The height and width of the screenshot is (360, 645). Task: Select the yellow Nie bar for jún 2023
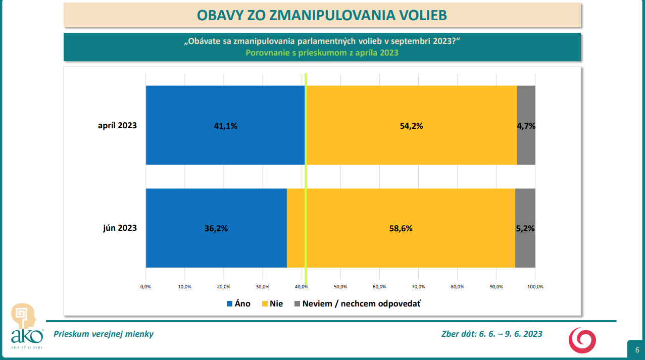[x=401, y=247]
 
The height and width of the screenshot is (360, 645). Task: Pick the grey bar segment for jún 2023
[x=525, y=247]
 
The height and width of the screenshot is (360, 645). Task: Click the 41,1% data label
[x=225, y=126]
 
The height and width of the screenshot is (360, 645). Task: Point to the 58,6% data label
[x=401, y=228]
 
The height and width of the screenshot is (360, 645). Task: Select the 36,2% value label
[x=216, y=228]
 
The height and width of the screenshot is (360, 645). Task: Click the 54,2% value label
[x=411, y=126]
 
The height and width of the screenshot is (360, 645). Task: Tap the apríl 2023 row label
[x=117, y=126]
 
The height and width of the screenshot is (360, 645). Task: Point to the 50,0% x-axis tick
[x=340, y=287]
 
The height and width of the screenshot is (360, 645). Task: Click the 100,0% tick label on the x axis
[x=535, y=287]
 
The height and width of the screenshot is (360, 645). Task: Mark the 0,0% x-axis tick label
[x=145, y=287]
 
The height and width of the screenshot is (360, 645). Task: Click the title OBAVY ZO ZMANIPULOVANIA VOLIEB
[x=322, y=15]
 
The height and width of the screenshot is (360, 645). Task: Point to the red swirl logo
[x=582, y=340]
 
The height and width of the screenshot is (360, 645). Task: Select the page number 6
[x=637, y=350]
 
